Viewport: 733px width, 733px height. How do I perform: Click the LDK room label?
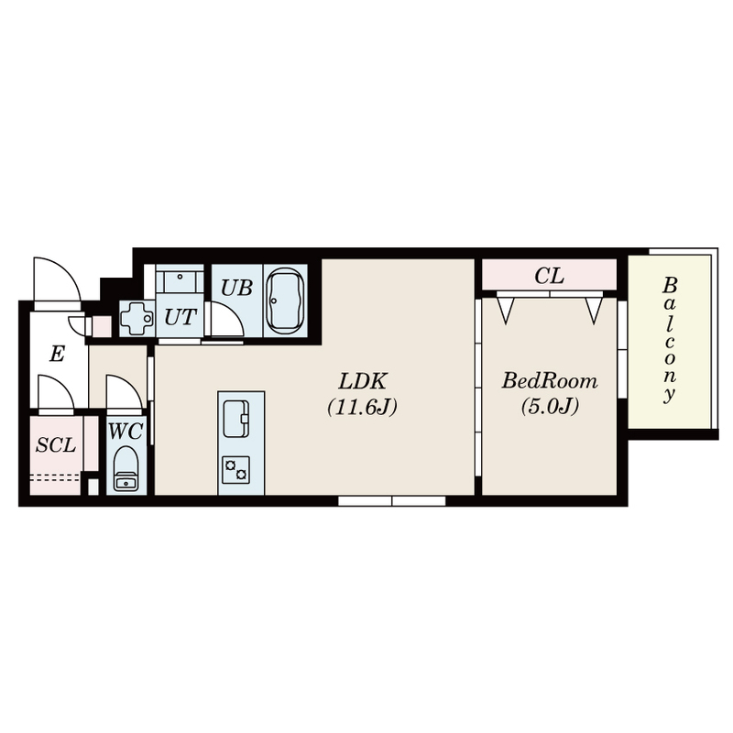click(363, 381)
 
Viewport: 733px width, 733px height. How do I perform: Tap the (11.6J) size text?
click(362, 407)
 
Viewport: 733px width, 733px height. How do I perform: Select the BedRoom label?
click(550, 381)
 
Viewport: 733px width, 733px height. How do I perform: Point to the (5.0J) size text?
click(550, 406)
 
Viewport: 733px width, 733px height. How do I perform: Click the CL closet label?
click(549, 276)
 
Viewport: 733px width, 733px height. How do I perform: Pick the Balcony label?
click(670, 340)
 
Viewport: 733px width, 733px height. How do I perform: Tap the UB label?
click(236, 288)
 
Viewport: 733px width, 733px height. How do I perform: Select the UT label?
click(180, 317)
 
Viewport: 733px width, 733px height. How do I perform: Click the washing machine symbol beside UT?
click(137, 318)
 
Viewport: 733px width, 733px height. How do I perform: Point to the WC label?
click(125, 432)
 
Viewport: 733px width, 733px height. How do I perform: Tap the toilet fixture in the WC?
click(126, 468)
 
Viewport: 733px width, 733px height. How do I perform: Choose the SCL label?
click(56, 445)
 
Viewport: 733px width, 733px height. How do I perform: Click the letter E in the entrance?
click(57, 354)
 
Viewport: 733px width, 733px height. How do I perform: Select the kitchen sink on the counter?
click(236, 419)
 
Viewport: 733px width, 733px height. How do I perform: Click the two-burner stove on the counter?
click(236, 470)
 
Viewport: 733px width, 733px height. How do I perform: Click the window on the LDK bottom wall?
click(392, 500)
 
